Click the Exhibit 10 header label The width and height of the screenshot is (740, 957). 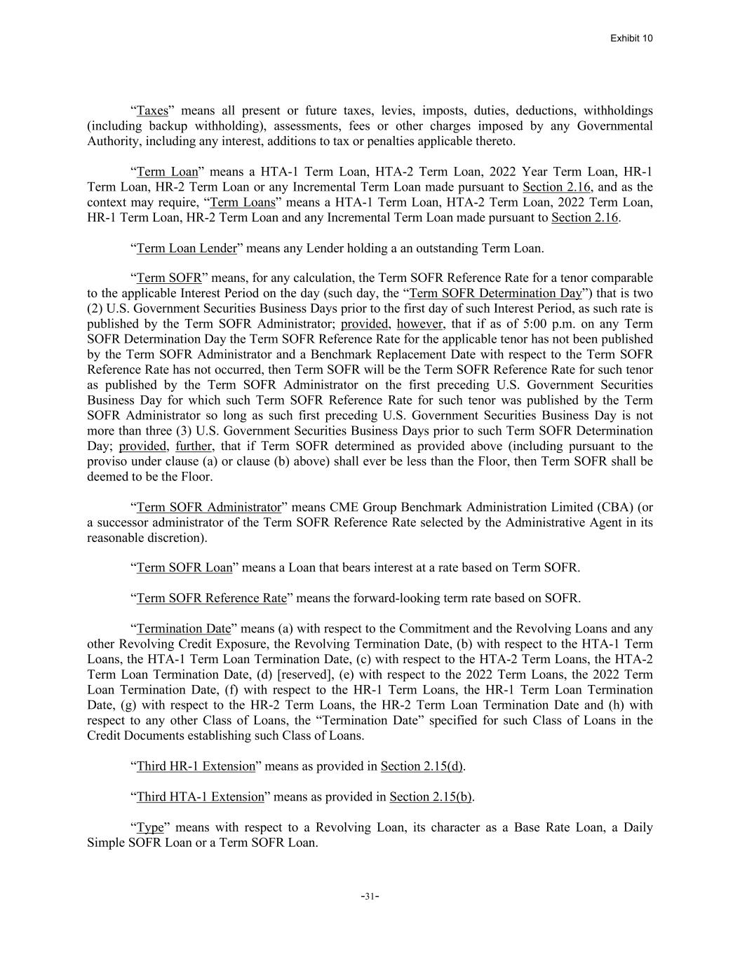tap(631, 38)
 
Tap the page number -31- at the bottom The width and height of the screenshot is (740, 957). tap(370, 895)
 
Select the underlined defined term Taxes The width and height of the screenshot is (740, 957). tap(152, 111)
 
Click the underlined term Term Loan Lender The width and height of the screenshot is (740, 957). tap(187, 248)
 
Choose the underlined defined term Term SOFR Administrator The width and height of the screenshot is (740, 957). tap(208, 507)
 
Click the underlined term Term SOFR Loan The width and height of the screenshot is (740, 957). tap(184, 567)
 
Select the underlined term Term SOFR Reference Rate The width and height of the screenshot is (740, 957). tap(211, 598)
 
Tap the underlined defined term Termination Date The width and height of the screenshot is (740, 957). tap(183, 628)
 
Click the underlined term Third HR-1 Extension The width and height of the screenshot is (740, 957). tap(196, 766)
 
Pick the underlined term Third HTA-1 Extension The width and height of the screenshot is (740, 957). tap(200, 796)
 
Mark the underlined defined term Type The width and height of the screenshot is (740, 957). tap(150, 827)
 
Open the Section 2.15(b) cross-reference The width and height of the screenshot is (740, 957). tap(431, 796)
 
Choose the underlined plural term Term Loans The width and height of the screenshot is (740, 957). tap(243, 203)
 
